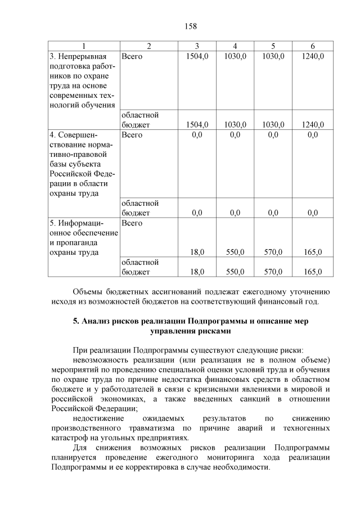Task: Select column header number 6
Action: point(312,46)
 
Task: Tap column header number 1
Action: point(84,46)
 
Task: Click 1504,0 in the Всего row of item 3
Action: point(197,56)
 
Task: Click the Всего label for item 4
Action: point(132,134)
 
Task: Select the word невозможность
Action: point(102,359)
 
